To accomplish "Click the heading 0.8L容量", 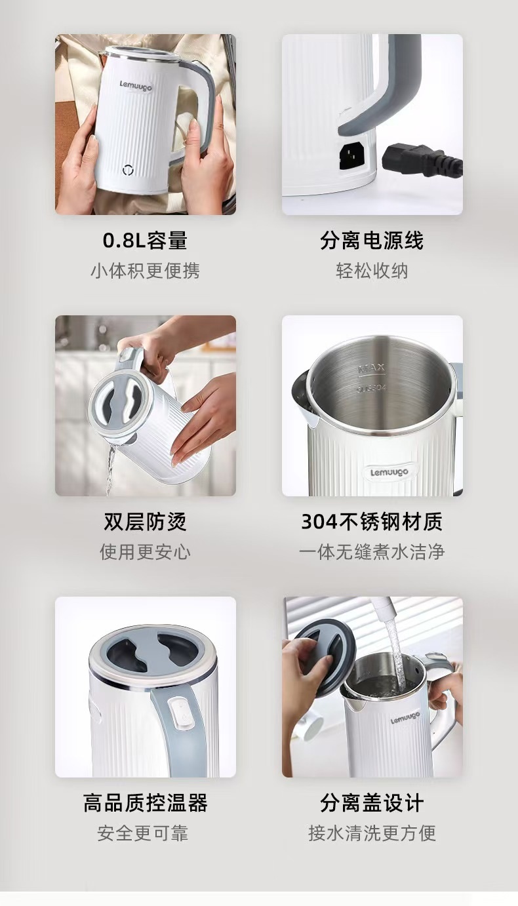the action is pos(145,240).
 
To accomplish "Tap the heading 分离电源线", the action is pos(372,240).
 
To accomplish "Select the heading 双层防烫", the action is pos(145,521).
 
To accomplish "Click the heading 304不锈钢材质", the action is pos(372,521).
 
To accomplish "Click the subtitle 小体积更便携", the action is pos(145,271).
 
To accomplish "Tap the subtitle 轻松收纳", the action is pos(372,271).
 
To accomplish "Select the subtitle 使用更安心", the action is pos(145,552).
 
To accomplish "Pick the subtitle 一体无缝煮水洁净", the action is pos(372,552).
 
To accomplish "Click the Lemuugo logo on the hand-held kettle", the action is pos(136,86).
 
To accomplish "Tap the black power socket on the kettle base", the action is pos(351,157).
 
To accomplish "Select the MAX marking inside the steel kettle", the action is pos(372,368).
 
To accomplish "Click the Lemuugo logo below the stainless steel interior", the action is pos(389,472).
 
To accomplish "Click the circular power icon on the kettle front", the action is pos(128,170).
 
